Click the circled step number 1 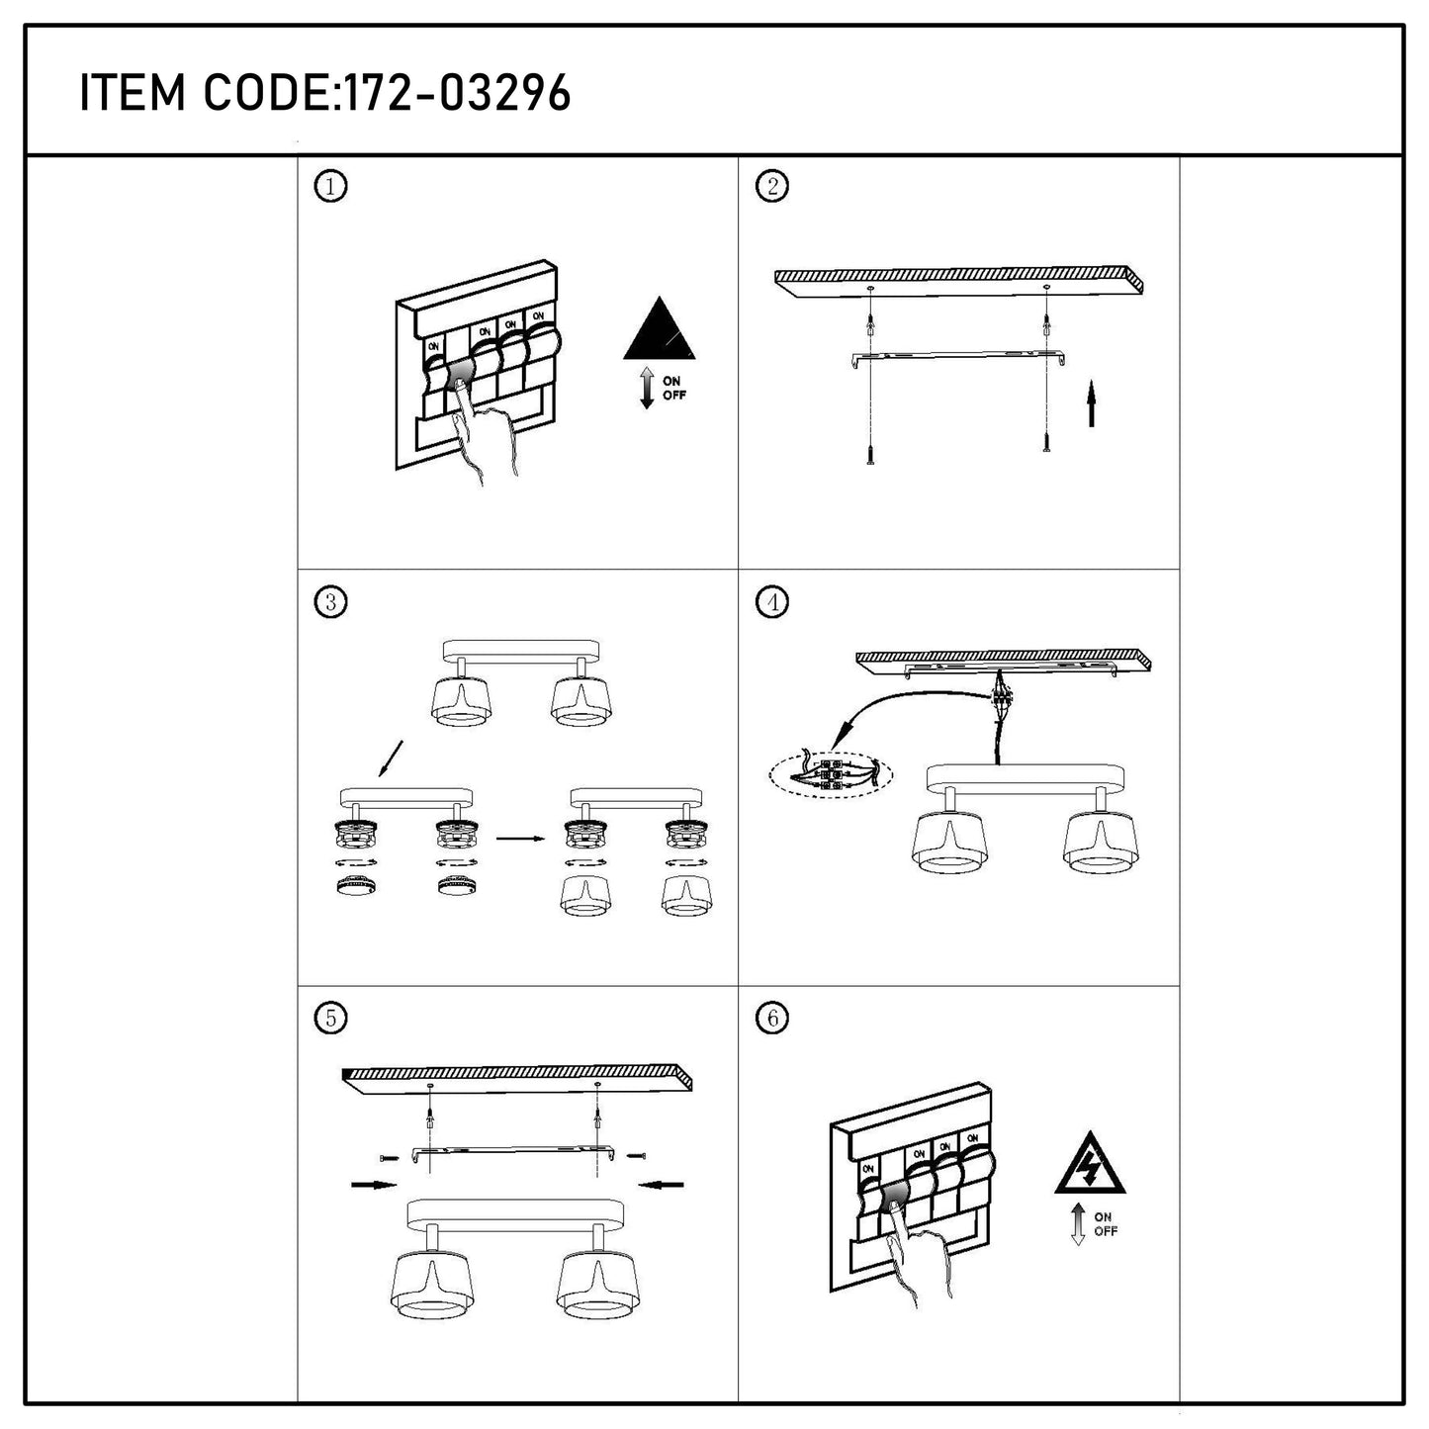tap(330, 186)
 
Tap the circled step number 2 tap(772, 186)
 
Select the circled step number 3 tap(330, 602)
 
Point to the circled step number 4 tap(772, 602)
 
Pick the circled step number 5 tap(330, 1019)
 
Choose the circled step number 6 tap(772, 1019)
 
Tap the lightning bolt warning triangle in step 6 tap(1090, 1164)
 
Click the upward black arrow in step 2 tap(1091, 403)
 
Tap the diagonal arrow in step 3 tap(391, 758)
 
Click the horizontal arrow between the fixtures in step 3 tap(520, 839)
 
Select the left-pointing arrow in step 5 tap(661, 1185)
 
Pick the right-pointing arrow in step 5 tap(375, 1185)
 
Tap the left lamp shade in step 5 tap(432, 1286)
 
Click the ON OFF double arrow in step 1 tap(647, 388)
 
